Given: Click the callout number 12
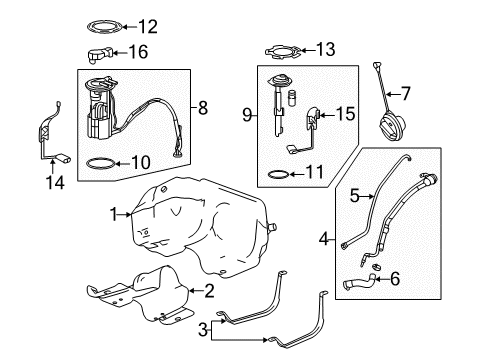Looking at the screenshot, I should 148,26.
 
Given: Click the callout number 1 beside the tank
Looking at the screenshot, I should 114,213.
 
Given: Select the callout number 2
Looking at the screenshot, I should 209,291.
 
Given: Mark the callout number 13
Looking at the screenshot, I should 327,48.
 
